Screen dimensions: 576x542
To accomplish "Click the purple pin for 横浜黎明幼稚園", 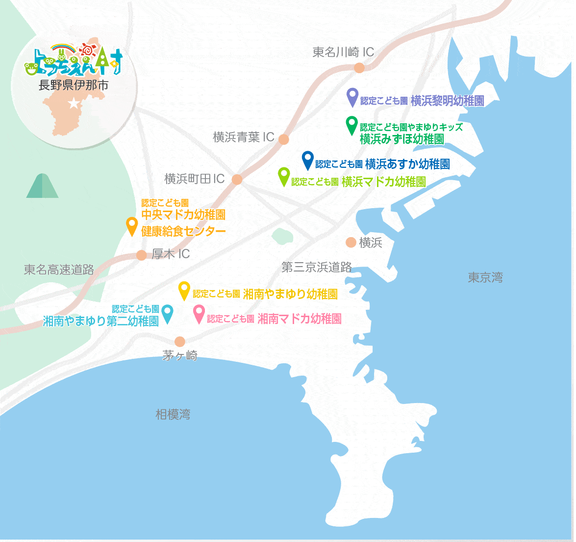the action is pos(352,97).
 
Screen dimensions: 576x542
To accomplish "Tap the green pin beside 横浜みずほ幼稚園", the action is pos(351,125).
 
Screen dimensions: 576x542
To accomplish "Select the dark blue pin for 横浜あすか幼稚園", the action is pos(307,160).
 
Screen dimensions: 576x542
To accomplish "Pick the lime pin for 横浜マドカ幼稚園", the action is pos(284,176).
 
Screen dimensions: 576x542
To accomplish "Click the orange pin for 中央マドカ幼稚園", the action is pos(132,225).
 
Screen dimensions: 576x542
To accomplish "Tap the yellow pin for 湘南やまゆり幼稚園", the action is pos(184,290).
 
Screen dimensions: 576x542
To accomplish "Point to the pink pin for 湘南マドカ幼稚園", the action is pos(199,314).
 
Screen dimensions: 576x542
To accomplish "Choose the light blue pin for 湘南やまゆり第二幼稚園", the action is pos(168,314).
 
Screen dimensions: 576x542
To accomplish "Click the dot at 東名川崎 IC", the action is pos(359,68).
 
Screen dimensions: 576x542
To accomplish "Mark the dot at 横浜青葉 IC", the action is pos(284,139).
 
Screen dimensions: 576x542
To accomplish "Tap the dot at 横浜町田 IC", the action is pos(237,180).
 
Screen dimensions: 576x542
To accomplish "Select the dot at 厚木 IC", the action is pos(142,255).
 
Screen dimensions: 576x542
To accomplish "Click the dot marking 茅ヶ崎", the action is pos(180,342).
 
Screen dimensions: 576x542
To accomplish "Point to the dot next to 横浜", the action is pos(351,242).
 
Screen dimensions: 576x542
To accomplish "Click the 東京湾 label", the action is pos(485,278).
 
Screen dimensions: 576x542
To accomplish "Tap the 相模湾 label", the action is pos(173,415).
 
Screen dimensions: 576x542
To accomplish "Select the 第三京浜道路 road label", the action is pos(317,267).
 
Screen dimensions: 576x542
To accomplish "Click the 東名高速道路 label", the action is pos(59,270).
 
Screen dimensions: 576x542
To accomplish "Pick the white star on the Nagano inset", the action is pos(74,104).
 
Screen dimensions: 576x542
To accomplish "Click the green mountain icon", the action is pos(42,186).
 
